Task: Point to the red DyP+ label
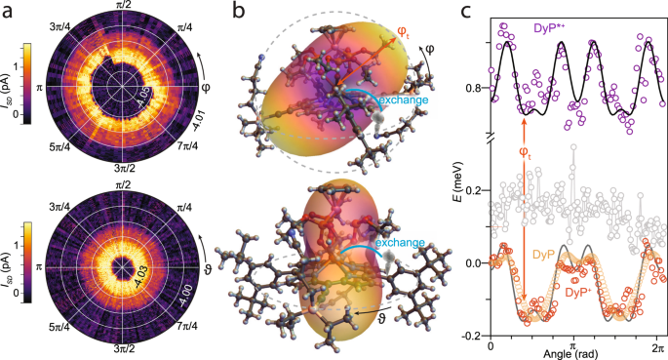tap(579, 291)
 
